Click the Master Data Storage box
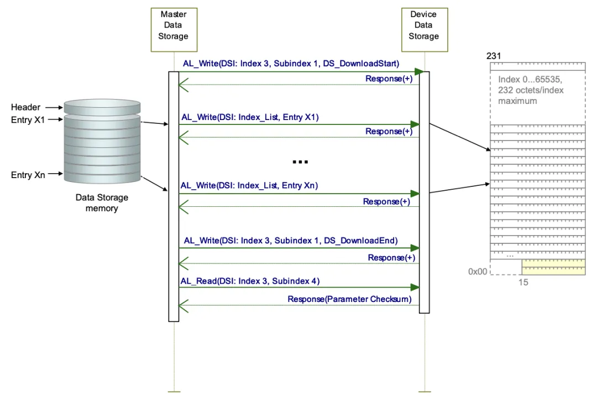[174, 25]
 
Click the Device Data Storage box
[423, 25]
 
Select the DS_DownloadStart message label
[291, 64]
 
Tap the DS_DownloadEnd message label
[291, 241]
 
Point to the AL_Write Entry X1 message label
[250, 117]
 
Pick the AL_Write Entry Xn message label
[249, 186]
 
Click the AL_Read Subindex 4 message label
[250, 281]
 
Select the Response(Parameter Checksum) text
[349, 299]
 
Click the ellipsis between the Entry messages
[300, 162]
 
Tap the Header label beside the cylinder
[25, 107]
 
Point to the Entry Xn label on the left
[28, 175]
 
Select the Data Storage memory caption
[101, 203]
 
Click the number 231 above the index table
[494, 56]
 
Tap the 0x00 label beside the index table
[478, 272]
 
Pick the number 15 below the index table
[523, 282]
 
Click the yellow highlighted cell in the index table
[553, 267]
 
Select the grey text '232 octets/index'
[531, 90]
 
